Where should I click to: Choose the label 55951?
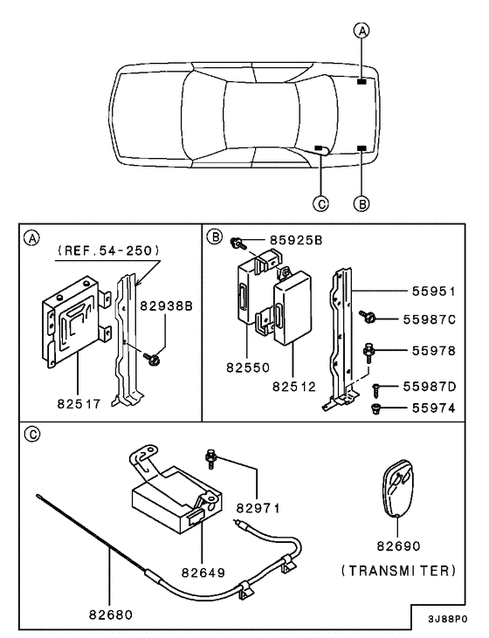pyautogui.click(x=435, y=290)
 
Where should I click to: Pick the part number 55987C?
pyautogui.click(x=430, y=319)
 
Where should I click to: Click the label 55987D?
pyautogui.click(x=430, y=385)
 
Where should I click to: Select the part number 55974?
pyautogui.click(x=430, y=408)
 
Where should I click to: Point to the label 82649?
pyautogui.click(x=203, y=573)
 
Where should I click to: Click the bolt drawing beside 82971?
pyautogui.click(x=211, y=455)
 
